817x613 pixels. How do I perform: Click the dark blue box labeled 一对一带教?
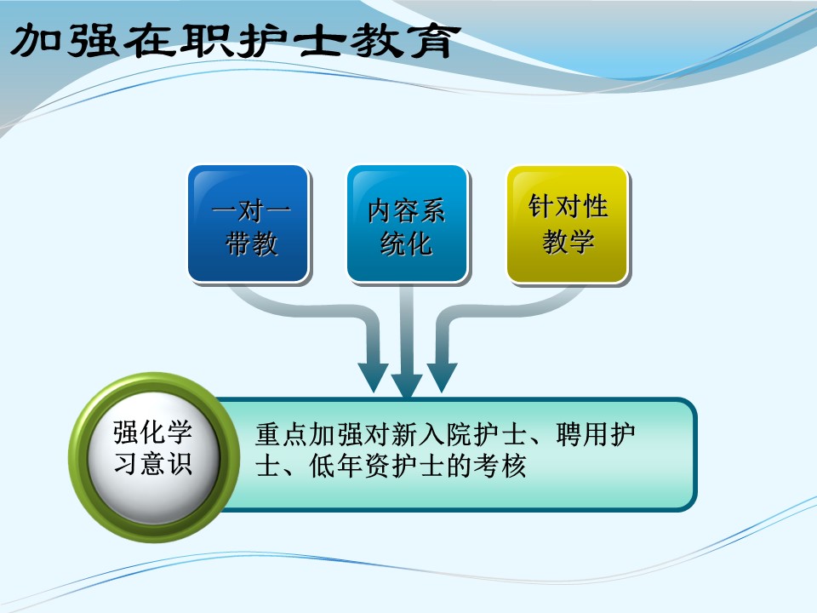(x=249, y=224)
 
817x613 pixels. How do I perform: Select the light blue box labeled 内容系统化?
(x=408, y=224)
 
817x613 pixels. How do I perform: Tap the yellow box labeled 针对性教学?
(x=568, y=224)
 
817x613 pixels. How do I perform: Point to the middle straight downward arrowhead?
(x=407, y=386)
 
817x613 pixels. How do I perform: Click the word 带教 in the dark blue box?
(x=251, y=243)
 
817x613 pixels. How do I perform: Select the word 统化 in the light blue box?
(x=406, y=243)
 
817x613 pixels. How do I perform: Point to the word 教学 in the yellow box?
(x=568, y=242)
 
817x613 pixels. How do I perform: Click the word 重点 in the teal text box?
(x=282, y=434)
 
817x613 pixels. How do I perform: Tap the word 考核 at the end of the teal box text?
(x=500, y=466)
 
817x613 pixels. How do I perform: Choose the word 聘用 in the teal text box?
(x=582, y=434)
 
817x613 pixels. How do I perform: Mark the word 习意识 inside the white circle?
(x=153, y=463)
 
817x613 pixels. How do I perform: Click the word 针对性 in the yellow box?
(x=568, y=206)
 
